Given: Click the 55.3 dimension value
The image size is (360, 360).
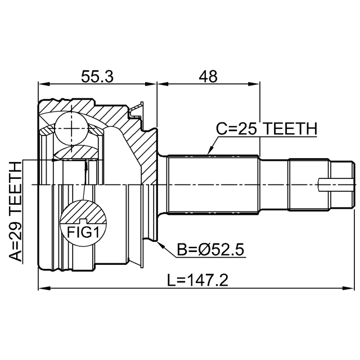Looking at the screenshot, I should coord(97,76).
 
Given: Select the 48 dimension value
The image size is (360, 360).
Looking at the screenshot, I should coord(208,76).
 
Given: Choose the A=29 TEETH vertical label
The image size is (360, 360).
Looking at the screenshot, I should coord(17,211).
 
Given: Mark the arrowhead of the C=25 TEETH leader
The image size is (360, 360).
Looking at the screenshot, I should coord(209,153).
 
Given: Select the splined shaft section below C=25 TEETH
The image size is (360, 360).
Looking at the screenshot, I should coord(214,184).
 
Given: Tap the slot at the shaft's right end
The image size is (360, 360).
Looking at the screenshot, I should coord(336,184).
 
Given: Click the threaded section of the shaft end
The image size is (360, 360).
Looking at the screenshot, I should coord(309,184).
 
